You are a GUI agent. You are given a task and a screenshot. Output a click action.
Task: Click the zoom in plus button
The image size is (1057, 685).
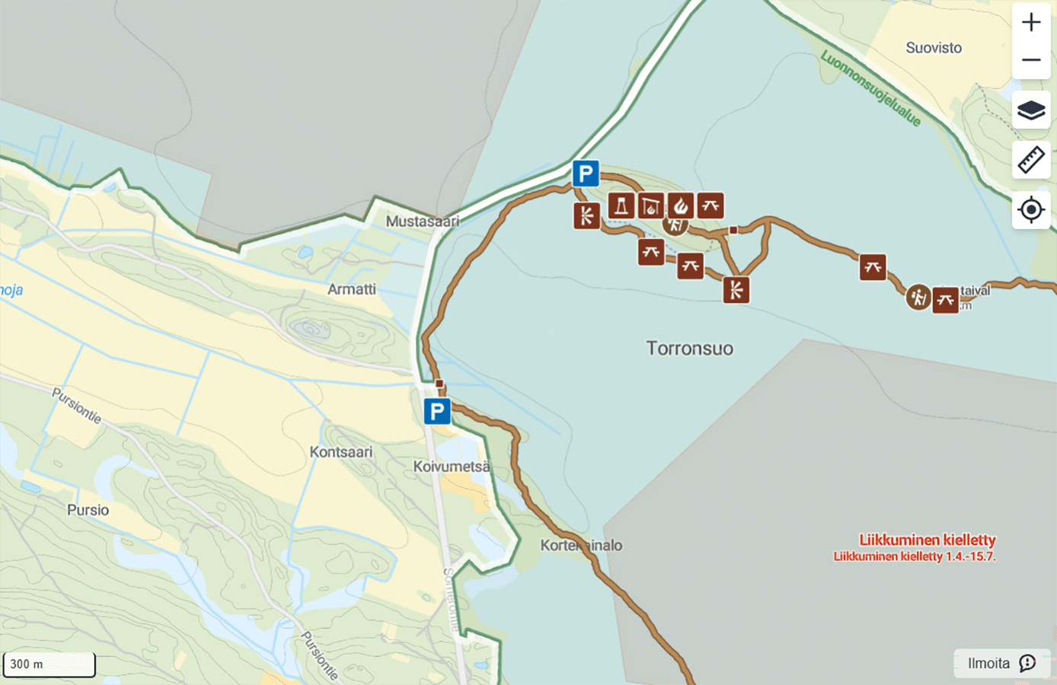(1031, 22)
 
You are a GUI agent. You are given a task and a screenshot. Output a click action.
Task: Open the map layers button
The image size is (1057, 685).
(1031, 110)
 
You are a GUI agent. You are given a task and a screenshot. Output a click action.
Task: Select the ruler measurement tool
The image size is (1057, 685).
(1031, 161)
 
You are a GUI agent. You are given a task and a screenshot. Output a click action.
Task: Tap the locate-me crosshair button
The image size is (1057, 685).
(1031, 209)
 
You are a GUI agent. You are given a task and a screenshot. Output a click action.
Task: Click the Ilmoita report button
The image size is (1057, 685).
(1001, 663)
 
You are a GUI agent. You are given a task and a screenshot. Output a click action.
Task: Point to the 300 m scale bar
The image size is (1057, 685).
(49, 664)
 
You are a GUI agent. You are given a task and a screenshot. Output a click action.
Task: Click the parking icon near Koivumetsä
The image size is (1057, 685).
(437, 412)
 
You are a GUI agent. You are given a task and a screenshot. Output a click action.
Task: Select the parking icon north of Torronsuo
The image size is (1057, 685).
(586, 174)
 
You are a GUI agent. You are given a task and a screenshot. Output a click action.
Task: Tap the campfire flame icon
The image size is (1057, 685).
(681, 205)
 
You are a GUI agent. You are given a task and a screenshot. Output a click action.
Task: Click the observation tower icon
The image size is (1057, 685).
(621, 205)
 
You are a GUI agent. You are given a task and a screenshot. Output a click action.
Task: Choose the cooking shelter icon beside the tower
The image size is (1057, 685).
(651, 205)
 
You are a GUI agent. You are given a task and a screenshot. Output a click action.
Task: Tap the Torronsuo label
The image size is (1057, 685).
(689, 349)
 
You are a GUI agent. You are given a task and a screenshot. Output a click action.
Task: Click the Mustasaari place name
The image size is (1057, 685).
(422, 221)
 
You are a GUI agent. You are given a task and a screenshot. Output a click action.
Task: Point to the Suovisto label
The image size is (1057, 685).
(934, 48)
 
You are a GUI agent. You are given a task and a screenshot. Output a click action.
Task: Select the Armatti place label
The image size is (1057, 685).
(351, 289)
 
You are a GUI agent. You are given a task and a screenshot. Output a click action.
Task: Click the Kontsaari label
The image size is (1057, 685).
(340, 452)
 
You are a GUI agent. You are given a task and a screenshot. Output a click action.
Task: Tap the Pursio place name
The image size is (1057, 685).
(88, 510)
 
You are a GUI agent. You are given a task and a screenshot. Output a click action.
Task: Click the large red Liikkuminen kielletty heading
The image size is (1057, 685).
(927, 540)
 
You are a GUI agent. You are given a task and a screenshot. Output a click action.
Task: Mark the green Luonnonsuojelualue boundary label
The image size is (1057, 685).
(870, 88)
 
